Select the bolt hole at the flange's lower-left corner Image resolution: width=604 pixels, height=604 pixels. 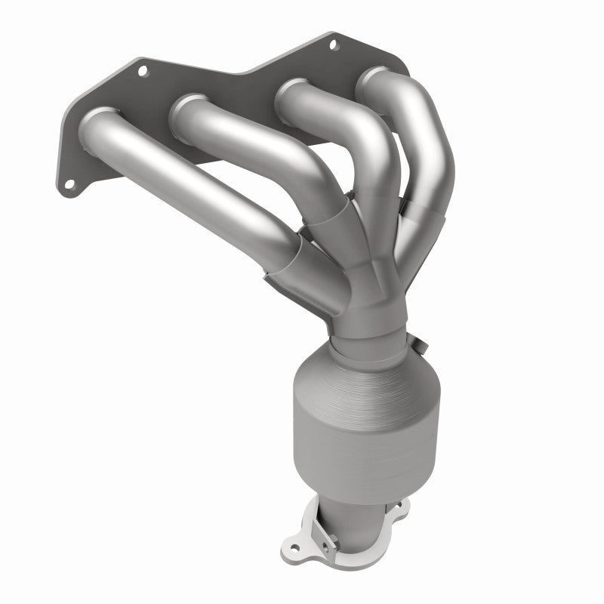[x=67, y=183]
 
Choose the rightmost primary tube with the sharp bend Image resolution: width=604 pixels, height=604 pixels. [x=423, y=151]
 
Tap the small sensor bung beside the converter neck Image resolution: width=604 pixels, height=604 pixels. [x=421, y=346]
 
